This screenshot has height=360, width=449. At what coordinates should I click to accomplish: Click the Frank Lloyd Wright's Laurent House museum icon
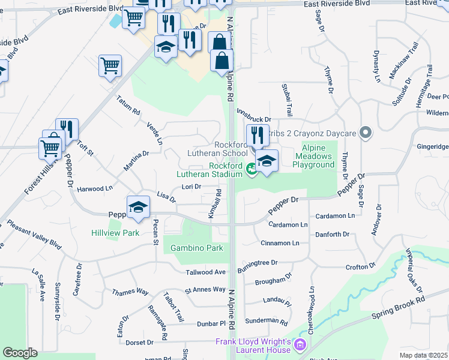300,345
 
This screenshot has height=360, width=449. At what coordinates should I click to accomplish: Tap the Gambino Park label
196,248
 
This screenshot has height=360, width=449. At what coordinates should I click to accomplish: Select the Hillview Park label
115,233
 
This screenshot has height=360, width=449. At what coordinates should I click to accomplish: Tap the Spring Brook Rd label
397,307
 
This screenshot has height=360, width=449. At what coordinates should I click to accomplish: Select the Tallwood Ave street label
206,272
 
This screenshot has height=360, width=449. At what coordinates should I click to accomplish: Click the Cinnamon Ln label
280,243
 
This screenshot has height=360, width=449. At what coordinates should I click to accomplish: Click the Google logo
20,352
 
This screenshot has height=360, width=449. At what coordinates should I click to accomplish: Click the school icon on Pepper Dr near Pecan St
138,206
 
